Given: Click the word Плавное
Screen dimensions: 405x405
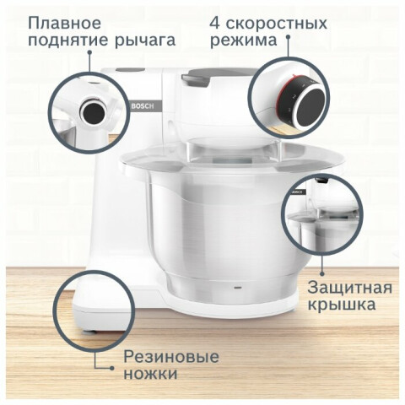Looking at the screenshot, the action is tap(64, 23).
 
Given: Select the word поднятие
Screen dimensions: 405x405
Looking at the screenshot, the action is tap(67, 41).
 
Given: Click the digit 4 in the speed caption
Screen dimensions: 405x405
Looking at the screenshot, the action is tap(214, 23).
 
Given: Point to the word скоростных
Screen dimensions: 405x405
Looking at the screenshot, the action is tap(277, 24).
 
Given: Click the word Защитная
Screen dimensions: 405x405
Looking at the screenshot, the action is tap(349, 288).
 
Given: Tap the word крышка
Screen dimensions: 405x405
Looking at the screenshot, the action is tap(342, 305).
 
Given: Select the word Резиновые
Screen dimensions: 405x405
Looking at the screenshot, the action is tap(171, 357).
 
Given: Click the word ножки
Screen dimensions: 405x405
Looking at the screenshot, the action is tap(150, 374).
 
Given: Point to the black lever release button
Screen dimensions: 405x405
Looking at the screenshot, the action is tap(94, 112).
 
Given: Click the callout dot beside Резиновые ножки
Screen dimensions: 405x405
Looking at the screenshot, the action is tap(112, 368).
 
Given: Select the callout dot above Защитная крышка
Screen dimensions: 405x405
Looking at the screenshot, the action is tap(322, 273).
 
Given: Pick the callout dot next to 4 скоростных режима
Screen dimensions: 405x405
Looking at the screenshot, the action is tap(288, 36).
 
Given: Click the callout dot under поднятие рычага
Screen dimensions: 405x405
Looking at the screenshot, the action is tap(89, 52).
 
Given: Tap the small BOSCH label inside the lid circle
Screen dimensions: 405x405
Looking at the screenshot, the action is tap(298, 192).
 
